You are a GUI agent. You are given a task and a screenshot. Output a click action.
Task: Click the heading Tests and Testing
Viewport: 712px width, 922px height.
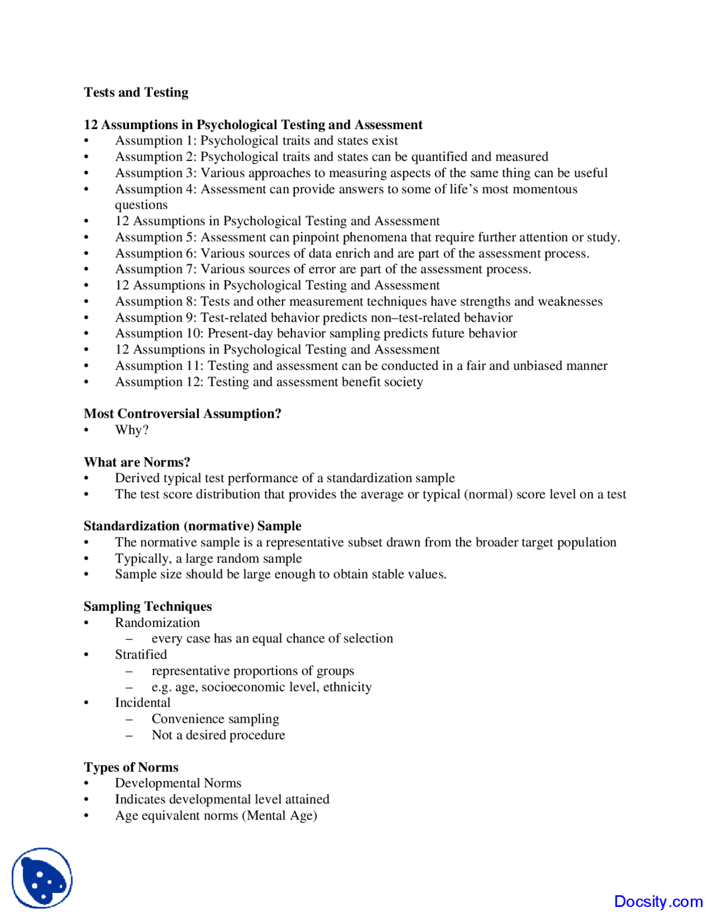pos(136,92)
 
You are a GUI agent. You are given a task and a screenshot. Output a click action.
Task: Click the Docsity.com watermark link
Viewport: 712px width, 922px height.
pos(658,901)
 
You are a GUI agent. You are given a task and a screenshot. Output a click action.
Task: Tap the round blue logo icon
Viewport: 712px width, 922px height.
pos(42,878)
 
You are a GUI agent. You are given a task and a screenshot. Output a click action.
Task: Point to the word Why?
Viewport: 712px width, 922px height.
pos(131,430)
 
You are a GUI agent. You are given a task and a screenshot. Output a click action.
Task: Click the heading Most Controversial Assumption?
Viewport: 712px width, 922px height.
pos(182,414)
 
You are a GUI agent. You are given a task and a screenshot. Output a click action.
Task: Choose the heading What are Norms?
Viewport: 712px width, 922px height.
pos(137,462)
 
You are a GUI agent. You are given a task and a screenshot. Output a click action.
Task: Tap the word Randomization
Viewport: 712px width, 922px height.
pos(157,622)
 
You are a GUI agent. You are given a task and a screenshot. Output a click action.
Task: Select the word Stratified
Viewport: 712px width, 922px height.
pos(141,655)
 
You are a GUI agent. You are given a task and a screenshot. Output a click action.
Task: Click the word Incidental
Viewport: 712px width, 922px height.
pos(142,703)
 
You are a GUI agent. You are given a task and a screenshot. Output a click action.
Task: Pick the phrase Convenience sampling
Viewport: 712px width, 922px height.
pos(215,719)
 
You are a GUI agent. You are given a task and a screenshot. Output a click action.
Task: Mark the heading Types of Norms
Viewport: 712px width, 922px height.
pos(131,767)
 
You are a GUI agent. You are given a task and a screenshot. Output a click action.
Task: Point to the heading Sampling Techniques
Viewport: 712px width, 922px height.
pos(147,606)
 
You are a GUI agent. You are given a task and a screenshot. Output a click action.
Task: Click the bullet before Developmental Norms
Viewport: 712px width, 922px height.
pos(86,784)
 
